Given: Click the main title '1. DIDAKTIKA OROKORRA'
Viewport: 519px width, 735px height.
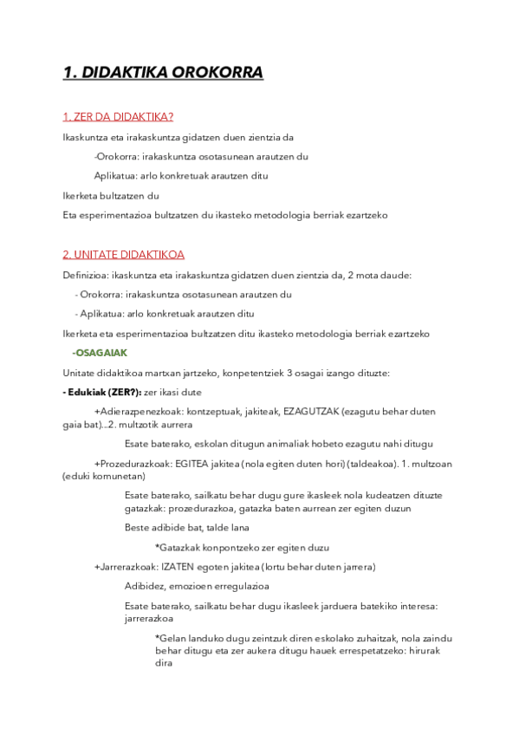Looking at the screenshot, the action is click(x=163, y=73).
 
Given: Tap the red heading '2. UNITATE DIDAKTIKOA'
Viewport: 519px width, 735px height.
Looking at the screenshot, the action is click(x=123, y=255).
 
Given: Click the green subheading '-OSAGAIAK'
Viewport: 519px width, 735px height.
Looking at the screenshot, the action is click(x=100, y=353).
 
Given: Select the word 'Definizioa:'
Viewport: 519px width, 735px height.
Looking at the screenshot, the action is click(x=86, y=275).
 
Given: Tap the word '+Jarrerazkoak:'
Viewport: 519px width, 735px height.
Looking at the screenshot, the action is click(x=126, y=567).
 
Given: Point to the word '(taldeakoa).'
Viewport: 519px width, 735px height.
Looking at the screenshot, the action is click(x=347, y=464).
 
